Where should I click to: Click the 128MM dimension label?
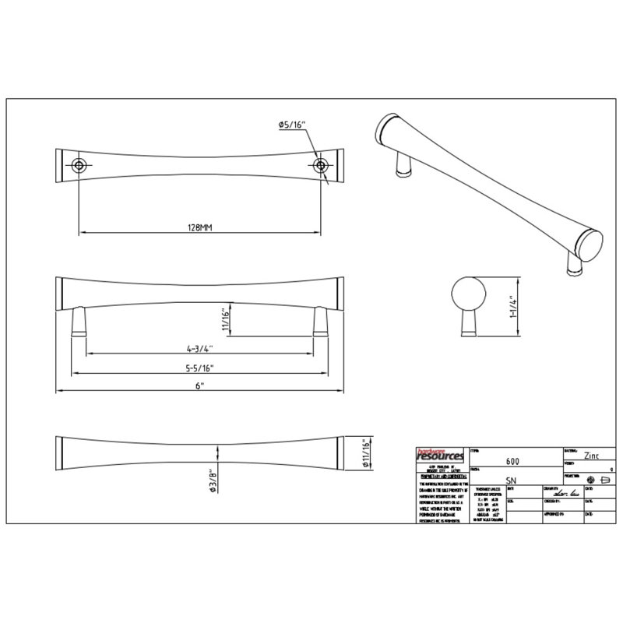point(200,226)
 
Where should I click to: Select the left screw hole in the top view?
point(79,165)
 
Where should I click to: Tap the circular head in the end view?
point(468,297)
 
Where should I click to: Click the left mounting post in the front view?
point(78,320)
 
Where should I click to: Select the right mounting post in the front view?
point(320,320)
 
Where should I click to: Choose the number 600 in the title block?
point(514,460)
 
